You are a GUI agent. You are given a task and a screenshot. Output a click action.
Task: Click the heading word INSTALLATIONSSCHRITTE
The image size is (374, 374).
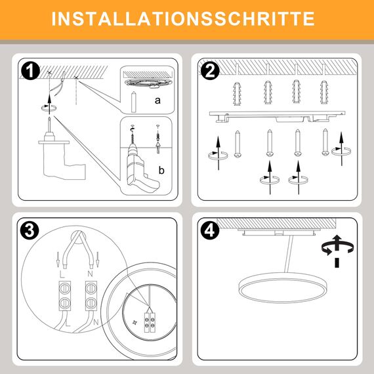tap(186, 18)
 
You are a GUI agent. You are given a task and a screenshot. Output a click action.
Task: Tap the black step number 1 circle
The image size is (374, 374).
tap(29, 71)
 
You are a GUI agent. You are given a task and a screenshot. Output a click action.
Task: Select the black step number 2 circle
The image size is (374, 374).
tap(210, 71)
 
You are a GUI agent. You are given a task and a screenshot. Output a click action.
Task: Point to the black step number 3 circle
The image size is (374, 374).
tap(29, 231)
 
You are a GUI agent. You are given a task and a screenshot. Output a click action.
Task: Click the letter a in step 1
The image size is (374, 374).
tap(157, 100)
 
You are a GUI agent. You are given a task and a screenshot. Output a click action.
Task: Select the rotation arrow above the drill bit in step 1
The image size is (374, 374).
tap(46, 104)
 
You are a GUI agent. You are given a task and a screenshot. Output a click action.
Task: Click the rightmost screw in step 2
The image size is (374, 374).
tap(324, 142)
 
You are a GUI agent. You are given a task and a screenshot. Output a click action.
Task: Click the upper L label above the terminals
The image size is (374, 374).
tap(60, 271)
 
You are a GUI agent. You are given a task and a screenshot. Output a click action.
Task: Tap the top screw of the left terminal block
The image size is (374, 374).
tap(65, 288)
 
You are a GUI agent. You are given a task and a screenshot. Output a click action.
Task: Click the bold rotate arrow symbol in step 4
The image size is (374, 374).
tap(335, 249)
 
